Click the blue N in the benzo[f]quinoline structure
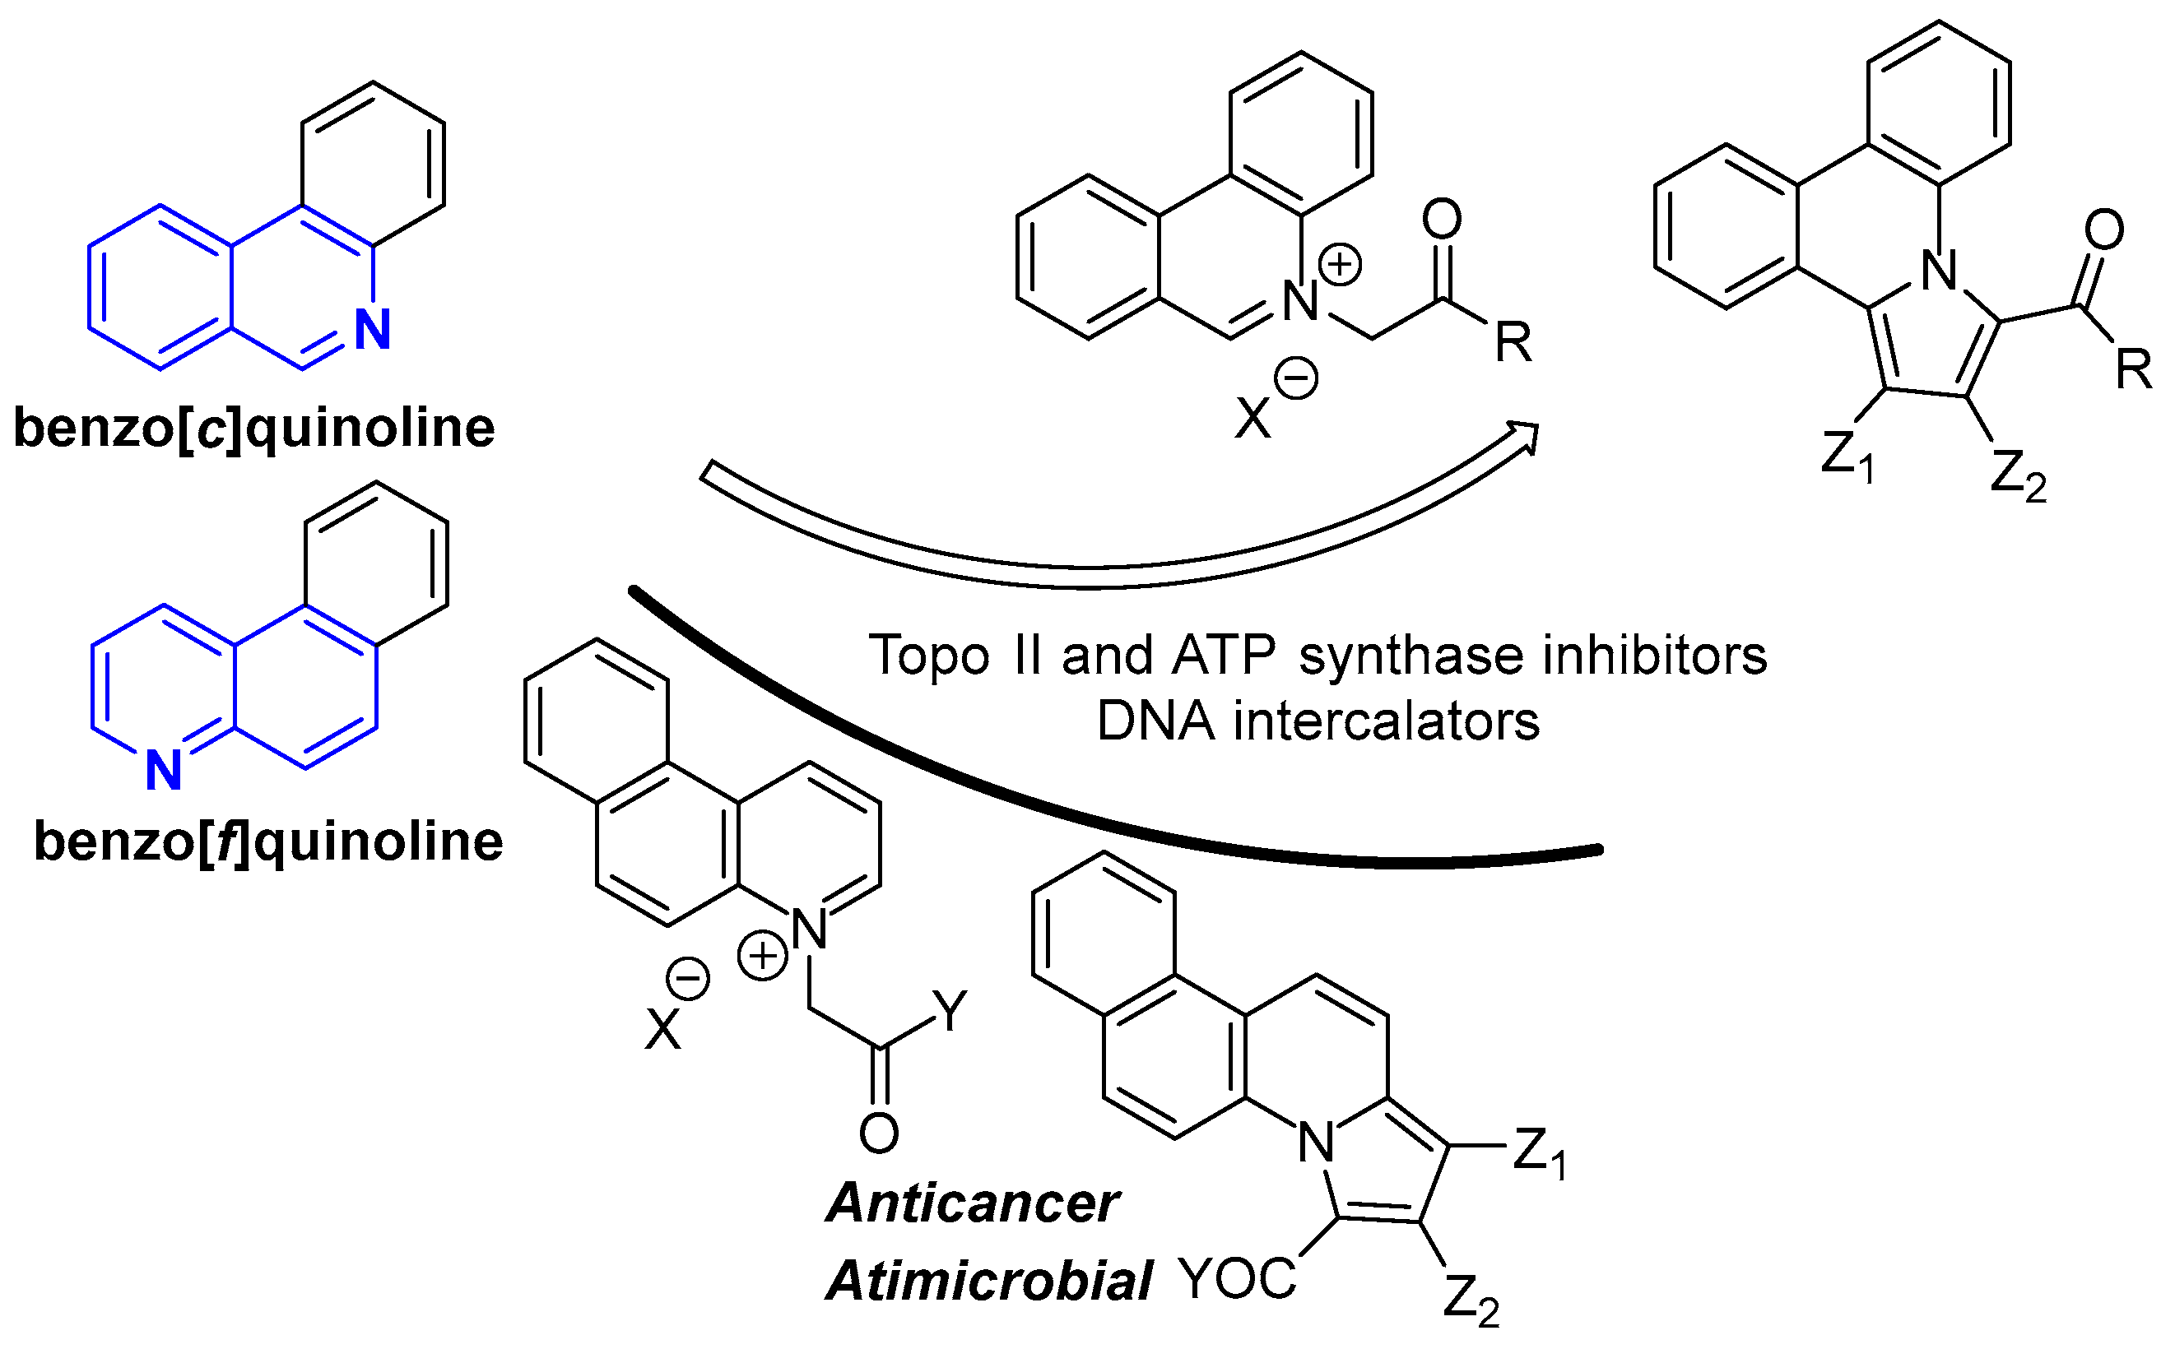165,770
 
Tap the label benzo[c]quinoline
253,428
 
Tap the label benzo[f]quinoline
267,841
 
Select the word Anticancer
973,1203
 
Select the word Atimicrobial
989,1282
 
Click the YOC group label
1237,1278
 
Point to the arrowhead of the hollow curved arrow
1524,436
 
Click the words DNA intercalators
1318,721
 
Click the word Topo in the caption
928,655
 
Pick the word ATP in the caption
1223,655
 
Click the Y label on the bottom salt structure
950,1011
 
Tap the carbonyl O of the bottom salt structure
879,1133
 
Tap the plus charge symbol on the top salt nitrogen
1340,265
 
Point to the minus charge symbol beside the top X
1296,378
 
